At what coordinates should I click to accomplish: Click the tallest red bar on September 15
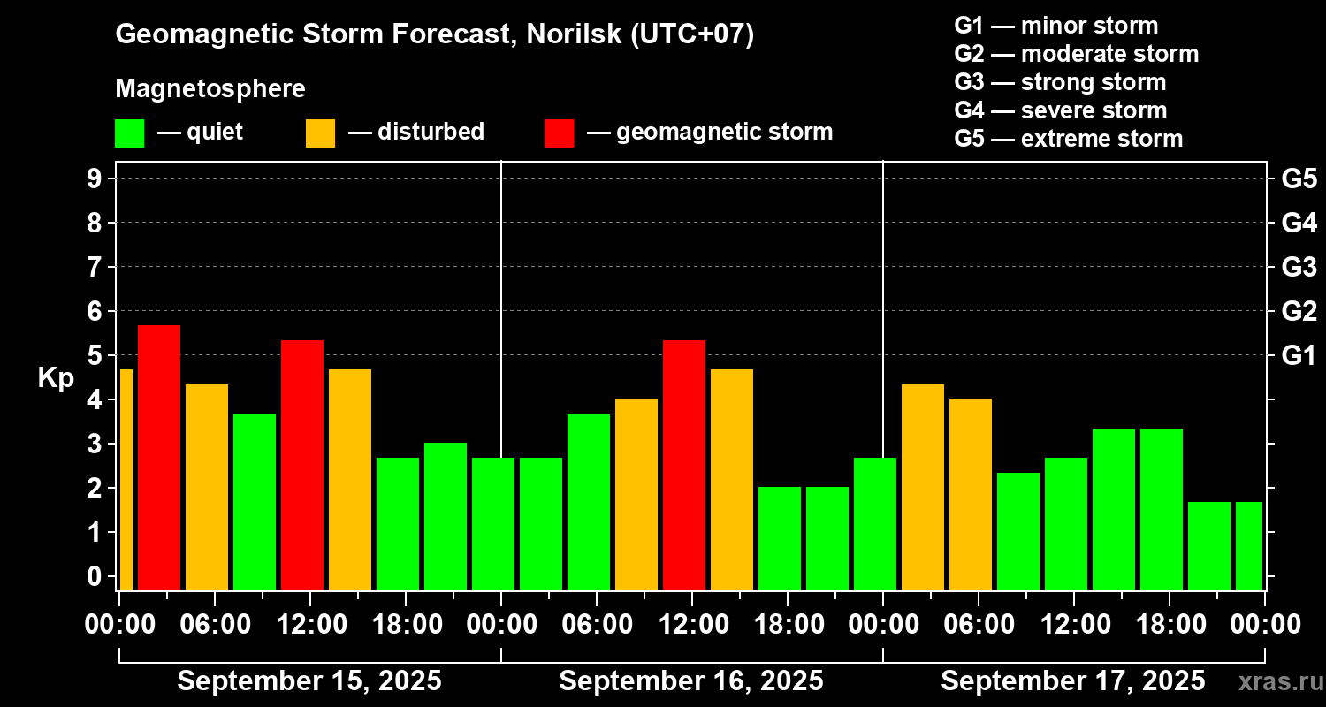(159, 457)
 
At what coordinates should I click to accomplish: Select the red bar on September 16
(684, 465)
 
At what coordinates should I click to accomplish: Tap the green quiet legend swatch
(129, 133)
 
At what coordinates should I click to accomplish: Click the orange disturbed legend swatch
(320, 133)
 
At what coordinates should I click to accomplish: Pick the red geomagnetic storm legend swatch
(559, 133)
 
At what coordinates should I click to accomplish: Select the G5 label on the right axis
(1299, 179)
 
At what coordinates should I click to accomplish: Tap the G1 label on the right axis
(1299, 355)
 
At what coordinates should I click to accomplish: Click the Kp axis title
(56, 377)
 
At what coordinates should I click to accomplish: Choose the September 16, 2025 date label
(691, 681)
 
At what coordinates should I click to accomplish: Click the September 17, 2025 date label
(1072, 681)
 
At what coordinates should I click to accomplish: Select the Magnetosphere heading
(210, 89)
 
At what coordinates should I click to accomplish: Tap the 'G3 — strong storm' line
(1060, 82)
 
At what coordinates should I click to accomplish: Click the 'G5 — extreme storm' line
(1068, 139)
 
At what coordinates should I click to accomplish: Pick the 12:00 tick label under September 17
(1073, 624)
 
